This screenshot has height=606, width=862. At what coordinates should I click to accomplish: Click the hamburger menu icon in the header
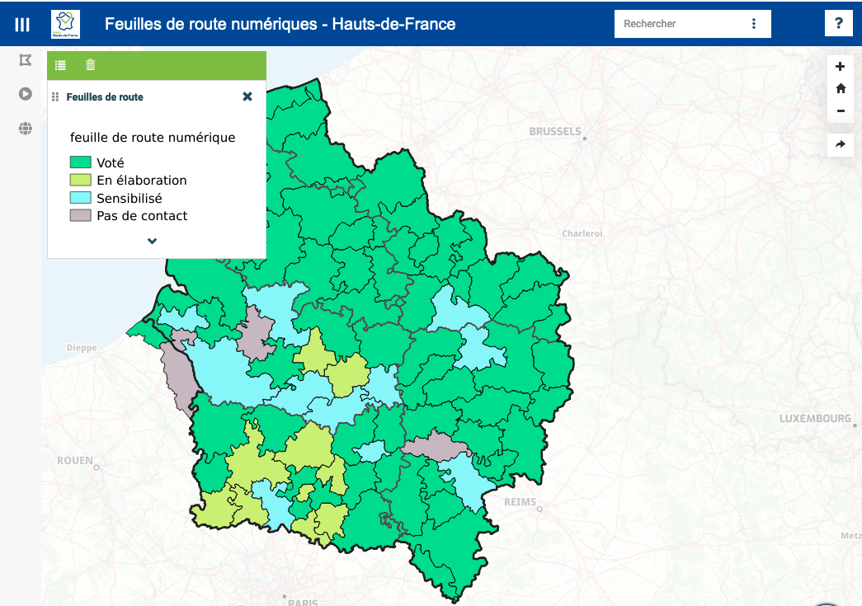(x=22, y=24)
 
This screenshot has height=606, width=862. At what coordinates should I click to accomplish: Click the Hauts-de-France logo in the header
(x=66, y=24)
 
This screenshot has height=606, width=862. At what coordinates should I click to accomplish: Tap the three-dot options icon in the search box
(x=754, y=24)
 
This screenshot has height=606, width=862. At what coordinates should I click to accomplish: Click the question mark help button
(x=839, y=23)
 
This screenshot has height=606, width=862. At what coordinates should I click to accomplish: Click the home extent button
(x=841, y=88)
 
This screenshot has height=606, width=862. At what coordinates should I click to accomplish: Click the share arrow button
(x=841, y=144)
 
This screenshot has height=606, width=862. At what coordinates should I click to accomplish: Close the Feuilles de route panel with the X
(x=247, y=96)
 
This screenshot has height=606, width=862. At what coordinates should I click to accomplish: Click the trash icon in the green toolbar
(x=91, y=65)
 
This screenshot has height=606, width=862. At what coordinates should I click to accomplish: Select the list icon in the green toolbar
(x=61, y=65)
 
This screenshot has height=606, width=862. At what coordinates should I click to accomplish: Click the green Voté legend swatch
(x=80, y=163)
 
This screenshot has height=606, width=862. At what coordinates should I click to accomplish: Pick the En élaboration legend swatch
(x=80, y=181)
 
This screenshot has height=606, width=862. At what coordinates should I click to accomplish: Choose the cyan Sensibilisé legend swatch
(x=80, y=199)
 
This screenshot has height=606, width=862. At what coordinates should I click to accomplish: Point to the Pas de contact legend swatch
(x=80, y=216)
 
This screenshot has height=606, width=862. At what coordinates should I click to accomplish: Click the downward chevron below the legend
(x=153, y=242)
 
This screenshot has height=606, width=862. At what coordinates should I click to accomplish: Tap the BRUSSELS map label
(x=555, y=132)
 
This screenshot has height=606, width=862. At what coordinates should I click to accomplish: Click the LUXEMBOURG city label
(x=814, y=419)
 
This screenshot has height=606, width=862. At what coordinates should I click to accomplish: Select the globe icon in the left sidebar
(x=26, y=129)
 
